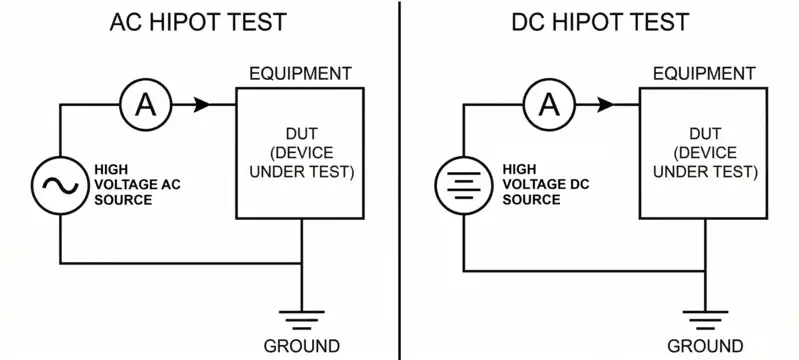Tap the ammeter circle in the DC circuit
click(x=548, y=103)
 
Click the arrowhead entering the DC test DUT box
click(x=605, y=103)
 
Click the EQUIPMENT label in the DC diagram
click(x=704, y=74)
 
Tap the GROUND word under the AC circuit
click(x=302, y=347)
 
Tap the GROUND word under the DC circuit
click(x=705, y=347)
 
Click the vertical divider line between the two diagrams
click(x=400, y=180)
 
